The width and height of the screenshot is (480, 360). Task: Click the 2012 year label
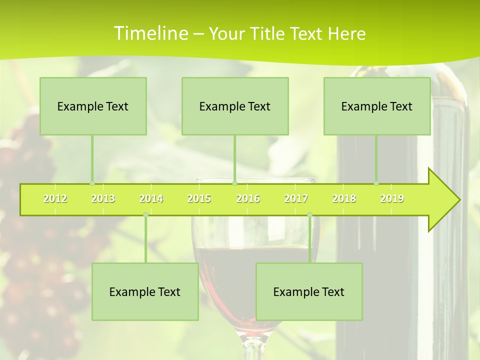(55, 199)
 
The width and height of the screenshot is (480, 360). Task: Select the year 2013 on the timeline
(103, 199)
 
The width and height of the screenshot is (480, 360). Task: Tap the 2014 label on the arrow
(151, 199)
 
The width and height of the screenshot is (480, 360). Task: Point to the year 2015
(199, 199)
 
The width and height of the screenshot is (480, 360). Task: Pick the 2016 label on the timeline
(248, 199)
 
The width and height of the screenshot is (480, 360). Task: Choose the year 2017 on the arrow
(296, 199)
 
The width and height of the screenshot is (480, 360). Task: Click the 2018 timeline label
(344, 199)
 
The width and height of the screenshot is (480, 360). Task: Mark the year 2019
(392, 199)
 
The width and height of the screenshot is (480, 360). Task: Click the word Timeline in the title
(150, 33)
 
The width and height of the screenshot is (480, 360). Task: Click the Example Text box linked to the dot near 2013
(93, 106)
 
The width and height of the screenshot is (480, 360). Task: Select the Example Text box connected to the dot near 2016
(235, 106)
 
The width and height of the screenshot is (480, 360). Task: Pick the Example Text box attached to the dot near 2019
(377, 106)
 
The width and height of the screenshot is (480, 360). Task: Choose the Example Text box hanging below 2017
(309, 292)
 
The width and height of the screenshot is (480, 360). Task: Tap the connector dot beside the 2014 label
(145, 215)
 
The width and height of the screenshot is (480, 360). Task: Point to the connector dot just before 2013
(92, 183)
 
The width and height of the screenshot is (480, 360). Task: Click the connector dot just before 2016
(234, 183)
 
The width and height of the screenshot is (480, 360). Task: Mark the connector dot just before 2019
(376, 183)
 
